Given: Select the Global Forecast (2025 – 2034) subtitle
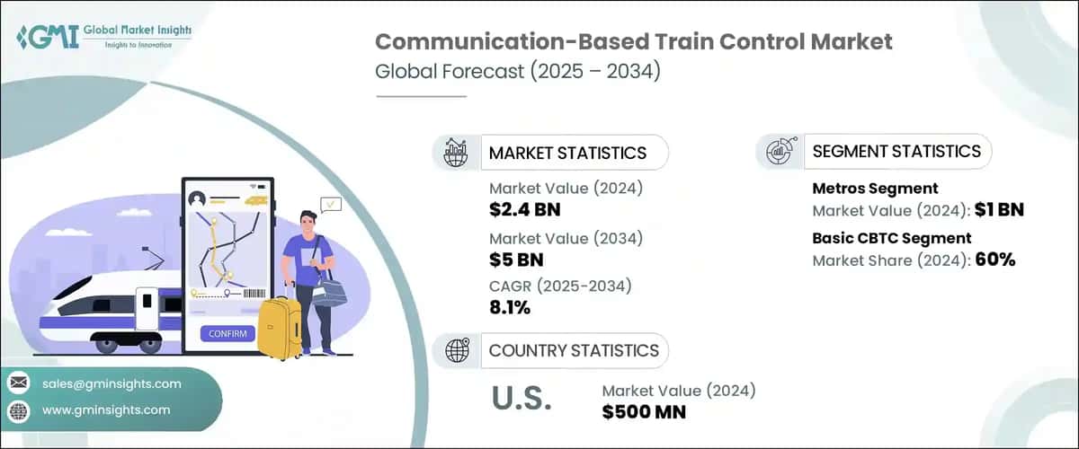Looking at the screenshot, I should coord(518,72).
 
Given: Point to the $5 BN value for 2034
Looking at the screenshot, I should coord(516,260).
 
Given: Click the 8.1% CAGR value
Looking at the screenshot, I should coord(509,308).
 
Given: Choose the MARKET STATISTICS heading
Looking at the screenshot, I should coord(567,153).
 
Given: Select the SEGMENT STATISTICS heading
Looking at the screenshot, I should coord(896,151).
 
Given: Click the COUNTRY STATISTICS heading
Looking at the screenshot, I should coord(574,350).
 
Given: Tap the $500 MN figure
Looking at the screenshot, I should coord(644,412).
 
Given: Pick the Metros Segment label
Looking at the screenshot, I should coord(875,189).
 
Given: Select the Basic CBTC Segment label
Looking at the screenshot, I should coord(891,238).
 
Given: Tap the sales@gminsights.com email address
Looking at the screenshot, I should coord(111,383).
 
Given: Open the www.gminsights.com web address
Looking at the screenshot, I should coord(106,409).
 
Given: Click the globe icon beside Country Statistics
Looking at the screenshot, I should coord(457,350).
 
